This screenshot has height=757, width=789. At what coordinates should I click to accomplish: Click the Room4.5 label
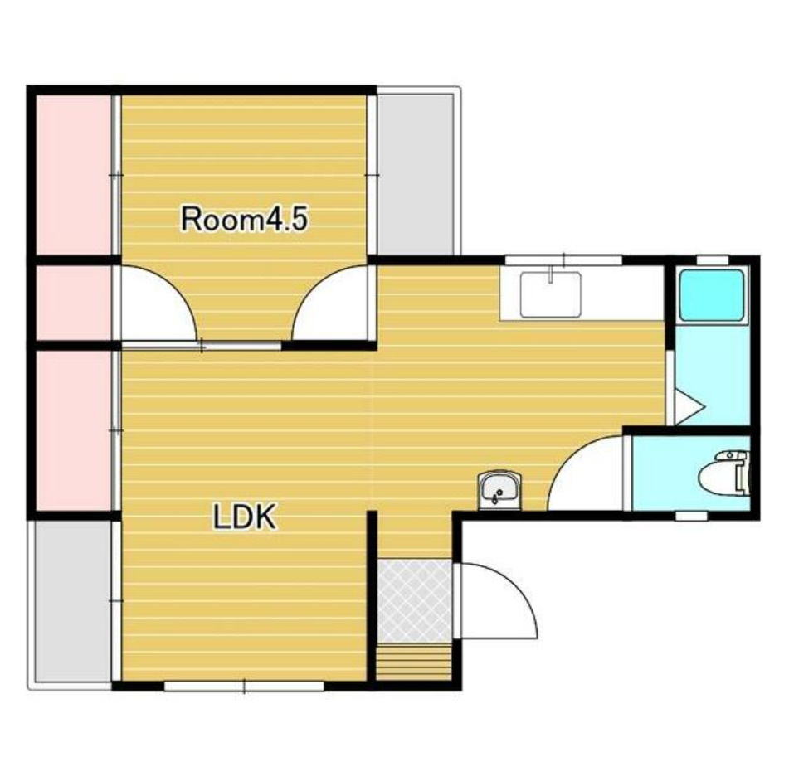[244, 219]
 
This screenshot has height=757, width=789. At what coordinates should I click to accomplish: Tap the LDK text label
[245, 517]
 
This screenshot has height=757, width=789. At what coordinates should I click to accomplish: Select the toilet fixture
[724, 473]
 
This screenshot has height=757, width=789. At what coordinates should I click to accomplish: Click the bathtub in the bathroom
[712, 296]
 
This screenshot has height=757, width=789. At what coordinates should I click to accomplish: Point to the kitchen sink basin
[551, 294]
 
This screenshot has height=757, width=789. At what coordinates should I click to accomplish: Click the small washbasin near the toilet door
[498, 490]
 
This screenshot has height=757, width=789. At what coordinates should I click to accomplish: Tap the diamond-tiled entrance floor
[415, 601]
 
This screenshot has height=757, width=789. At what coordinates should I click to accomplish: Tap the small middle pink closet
[73, 303]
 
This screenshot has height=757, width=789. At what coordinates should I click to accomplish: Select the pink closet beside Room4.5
[73, 175]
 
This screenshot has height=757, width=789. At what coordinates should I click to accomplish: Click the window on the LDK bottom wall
[245, 686]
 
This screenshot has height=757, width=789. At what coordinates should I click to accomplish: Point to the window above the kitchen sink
[563, 260]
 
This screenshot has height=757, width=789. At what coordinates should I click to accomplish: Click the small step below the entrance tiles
[414, 663]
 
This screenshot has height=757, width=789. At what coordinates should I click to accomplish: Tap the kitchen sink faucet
[551, 274]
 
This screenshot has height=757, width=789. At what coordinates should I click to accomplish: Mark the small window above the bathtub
[712, 260]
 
